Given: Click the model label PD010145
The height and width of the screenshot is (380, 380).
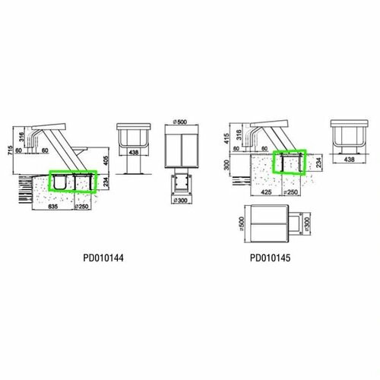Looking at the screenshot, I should [271, 258].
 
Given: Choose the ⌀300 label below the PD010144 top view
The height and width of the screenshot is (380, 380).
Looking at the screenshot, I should [181, 202].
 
